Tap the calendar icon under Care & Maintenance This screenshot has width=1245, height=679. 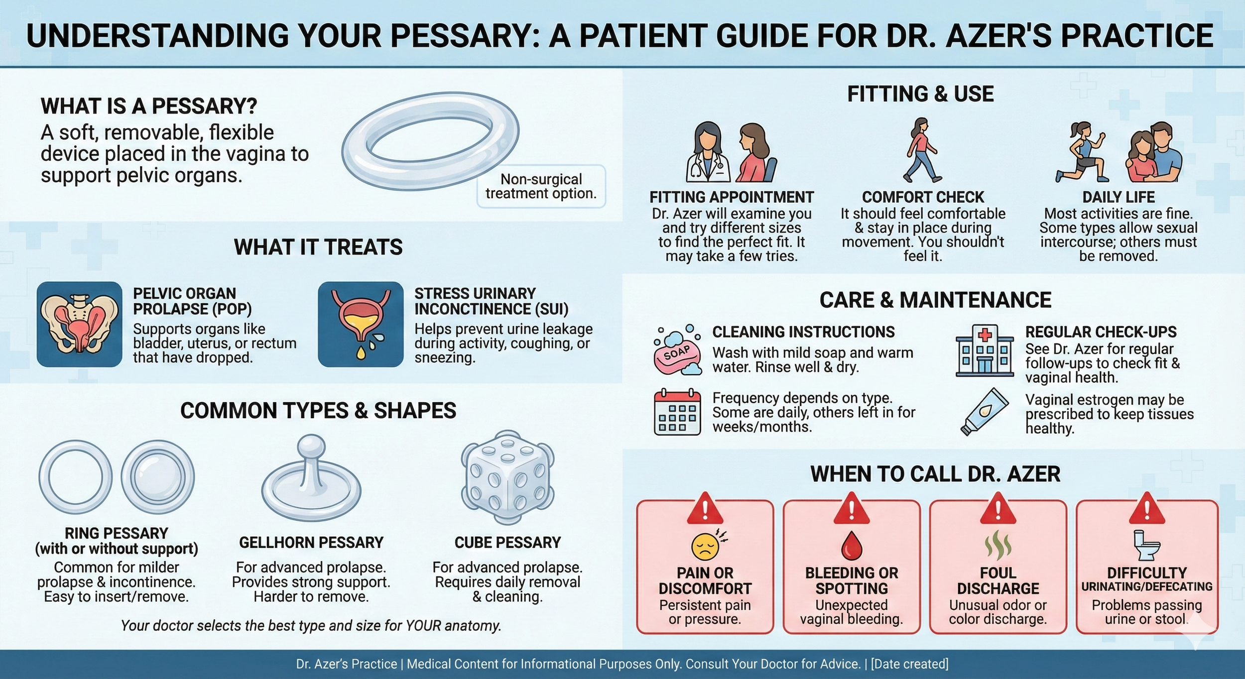coord(677,412)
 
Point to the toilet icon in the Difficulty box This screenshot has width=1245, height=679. coord(1146,546)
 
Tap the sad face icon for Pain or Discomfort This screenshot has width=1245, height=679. coord(705,546)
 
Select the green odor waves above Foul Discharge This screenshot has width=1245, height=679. coord(997,545)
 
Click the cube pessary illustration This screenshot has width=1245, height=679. coord(507,478)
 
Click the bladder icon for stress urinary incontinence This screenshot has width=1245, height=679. coord(361,324)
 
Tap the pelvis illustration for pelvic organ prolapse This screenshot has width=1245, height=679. coord(79,324)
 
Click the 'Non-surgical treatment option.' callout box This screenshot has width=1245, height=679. coord(541,186)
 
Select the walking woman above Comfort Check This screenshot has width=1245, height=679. coord(922,150)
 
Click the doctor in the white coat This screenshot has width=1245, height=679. coord(707,153)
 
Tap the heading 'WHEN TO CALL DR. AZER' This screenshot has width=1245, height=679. coord(935,474)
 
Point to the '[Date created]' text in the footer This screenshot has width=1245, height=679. coord(909,664)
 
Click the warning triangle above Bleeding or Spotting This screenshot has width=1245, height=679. coord(851,509)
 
